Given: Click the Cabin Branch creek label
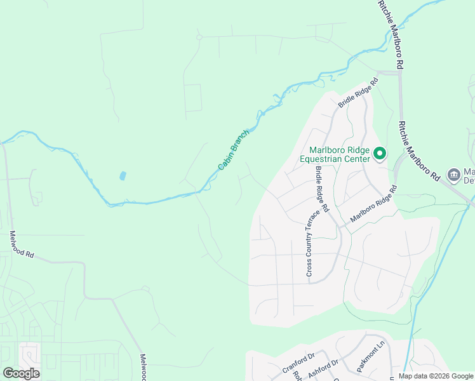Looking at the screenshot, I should click(234, 149).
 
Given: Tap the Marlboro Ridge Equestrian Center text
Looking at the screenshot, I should click(335, 154).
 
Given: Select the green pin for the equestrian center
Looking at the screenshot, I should click(380, 153).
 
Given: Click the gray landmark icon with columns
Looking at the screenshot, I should click(453, 174).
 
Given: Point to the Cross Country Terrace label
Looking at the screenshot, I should click(309, 242).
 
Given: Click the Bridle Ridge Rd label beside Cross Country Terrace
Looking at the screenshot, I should click(323, 189).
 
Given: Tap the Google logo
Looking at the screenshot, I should click(21, 373).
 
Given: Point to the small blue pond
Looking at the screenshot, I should click(123, 175).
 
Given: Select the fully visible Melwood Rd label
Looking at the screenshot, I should click(22, 244).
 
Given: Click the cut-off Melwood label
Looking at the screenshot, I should click(143, 368).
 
